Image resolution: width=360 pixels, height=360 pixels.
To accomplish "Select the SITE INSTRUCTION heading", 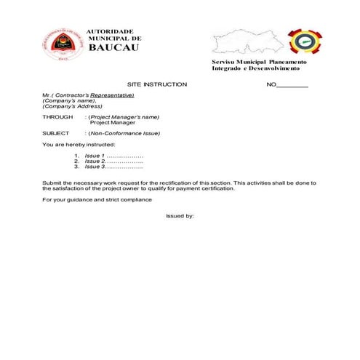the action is pyautogui.click(x=157, y=84).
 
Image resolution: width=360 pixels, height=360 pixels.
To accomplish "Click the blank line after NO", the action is pyautogui.click(x=293, y=86).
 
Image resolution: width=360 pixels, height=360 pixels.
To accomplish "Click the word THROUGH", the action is pyautogui.click(x=57, y=117).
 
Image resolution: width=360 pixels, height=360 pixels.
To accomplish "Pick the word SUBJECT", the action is pyautogui.click(x=56, y=133).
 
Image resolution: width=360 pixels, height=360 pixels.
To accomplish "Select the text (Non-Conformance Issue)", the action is pyautogui.click(x=124, y=133).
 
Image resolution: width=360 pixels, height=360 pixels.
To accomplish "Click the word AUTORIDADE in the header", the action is pyautogui.click(x=110, y=31).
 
